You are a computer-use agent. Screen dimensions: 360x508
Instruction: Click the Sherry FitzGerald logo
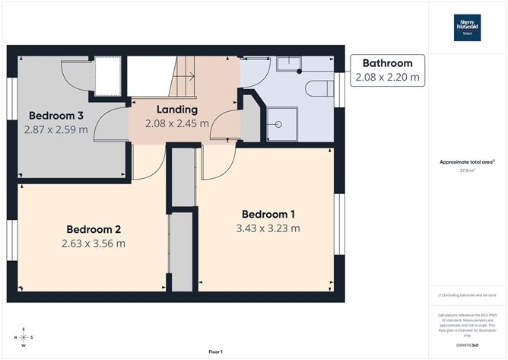pyautogui.click(x=468, y=25)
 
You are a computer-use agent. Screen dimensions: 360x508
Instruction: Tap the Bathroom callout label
pyautogui.click(x=387, y=63)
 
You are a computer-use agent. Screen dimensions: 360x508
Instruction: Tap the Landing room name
pyautogui.click(x=176, y=110)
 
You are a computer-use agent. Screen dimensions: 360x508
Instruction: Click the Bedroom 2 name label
pyautogui.click(x=93, y=229)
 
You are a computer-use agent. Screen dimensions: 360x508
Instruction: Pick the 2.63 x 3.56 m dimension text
pyautogui.click(x=93, y=244)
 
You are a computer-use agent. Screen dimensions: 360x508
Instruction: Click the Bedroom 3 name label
pyautogui.click(x=56, y=116)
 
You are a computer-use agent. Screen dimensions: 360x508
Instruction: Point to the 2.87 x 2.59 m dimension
pyautogui.click(x=56, y=129)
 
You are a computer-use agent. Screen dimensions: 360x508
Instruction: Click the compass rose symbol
pyautogui.click(x=24, y=337)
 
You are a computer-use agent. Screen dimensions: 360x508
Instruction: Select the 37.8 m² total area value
pyautogui.click(x=466, y=170)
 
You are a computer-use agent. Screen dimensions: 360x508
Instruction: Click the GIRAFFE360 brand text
pyautogui.click(x=467, y=345)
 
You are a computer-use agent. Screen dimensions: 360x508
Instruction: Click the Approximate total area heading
pyautogui.click(x=467, y=162)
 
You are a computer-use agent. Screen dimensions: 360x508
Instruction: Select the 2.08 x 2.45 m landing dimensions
pyautogui.click(x=176, y=123)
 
